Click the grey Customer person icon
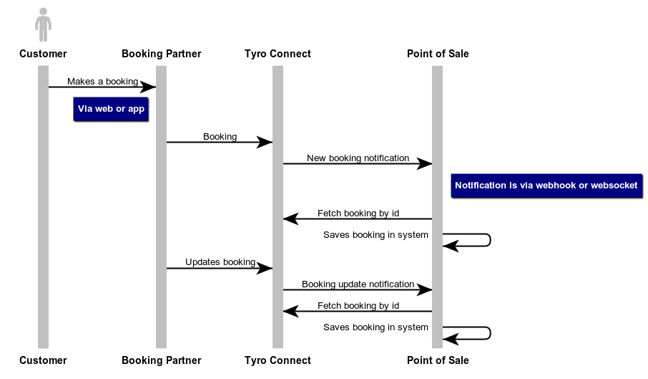click(x=43, y=25)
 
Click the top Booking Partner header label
click(x=162, y=54)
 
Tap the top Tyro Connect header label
click(x=278, y=54)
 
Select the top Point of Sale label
click(x=438, y=54)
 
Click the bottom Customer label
click(x=43, y=360)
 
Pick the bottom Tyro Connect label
click(x=278, y=360)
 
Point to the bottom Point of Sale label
click(x=438, y=360)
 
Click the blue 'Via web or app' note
click(x=111, y=109)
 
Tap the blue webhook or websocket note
click(x=546, y=185)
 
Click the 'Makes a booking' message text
click(x=102, y=82)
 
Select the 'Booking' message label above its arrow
click(x=220, y=137)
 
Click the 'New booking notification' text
click(x=358, y=158)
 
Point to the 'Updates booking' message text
click(x=220, y=262)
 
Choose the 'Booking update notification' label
click(x=358, y=284)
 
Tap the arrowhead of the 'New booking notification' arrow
click(x=426, y=164)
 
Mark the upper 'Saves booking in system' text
click(x=375, y=235)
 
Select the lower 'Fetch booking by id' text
click(x=358, y=306)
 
